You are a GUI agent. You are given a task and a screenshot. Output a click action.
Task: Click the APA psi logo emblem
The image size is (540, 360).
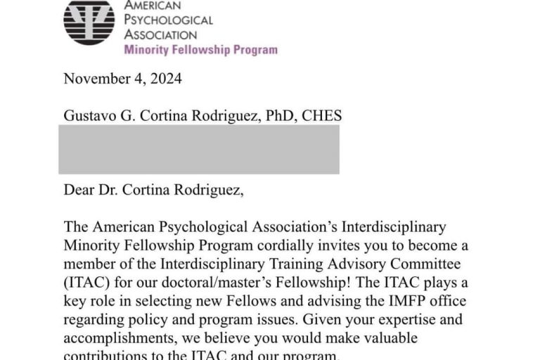tap(89, 22)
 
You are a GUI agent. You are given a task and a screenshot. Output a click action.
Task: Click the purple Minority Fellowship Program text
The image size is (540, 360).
tap(200, 50)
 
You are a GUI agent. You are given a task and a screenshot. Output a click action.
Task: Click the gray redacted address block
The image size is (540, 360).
tap(199, 149)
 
